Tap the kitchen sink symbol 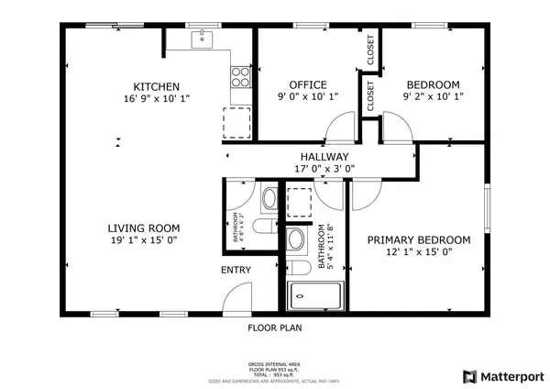point(203,39)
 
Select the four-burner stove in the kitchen point(239,76)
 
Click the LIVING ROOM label point(143,228)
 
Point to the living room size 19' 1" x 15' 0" point(143,240)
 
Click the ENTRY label point(236,271)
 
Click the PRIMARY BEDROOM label point(419,240)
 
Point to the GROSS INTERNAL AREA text point(275,364)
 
